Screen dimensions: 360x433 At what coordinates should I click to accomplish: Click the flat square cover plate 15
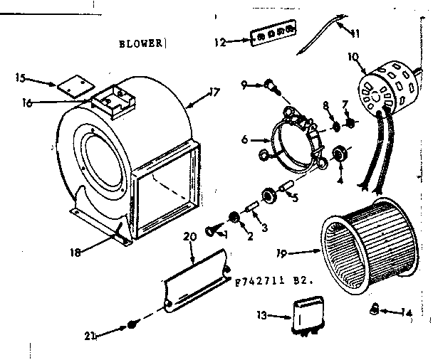pyautogui.click(x=69, y=86)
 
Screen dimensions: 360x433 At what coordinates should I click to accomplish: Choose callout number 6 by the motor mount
pyautogui.click(x=245, y=140)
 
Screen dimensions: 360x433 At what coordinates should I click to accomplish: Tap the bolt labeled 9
pyautogui.click(x=270, y=85)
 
